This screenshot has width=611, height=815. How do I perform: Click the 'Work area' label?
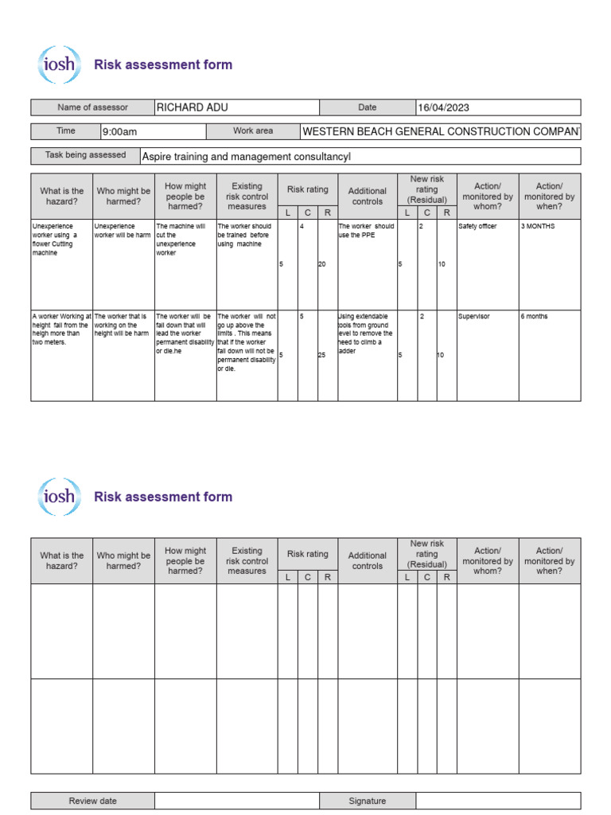(253, 131)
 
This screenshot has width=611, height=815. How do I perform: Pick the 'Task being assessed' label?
(85, 155)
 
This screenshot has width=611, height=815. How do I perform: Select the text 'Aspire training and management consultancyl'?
(246, 157)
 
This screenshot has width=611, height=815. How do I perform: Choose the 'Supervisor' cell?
(474, 316)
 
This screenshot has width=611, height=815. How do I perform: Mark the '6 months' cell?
(535, 316)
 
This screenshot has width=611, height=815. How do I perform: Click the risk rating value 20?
(322, 264)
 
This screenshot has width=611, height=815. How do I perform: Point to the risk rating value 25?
(322, 355)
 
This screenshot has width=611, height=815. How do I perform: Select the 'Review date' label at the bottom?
(92, 801)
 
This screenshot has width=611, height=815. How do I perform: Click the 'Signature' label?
(367, 801)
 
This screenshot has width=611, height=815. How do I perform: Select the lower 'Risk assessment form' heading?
(163, 497)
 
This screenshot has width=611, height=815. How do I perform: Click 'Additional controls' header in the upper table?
(367, 197)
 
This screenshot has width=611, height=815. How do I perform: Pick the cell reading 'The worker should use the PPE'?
(367, 231)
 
